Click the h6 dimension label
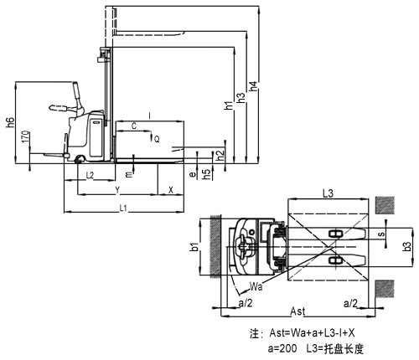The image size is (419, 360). (x=10, y=122)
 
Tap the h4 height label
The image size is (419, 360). (x=253, y=86)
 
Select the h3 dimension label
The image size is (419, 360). (x=241, y=97)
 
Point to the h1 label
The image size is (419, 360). (x=229, y=105)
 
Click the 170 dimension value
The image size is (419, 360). (x=25, y=136)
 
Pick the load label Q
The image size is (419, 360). (x=157, y=139)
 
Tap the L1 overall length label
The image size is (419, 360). (x=123, y=208)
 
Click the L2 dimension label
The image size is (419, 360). (x=90, y=175)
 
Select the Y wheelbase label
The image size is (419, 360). (x=117, y=190)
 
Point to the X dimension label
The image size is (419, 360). (x=171, y=190)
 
